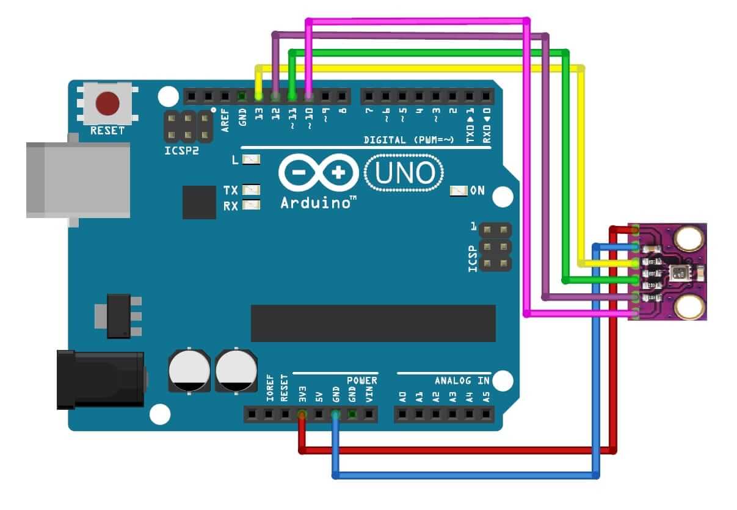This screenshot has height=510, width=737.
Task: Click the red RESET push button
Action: (108, 104)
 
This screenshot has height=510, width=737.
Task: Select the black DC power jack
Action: (100, 379)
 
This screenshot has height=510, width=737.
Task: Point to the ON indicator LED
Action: (458, 191)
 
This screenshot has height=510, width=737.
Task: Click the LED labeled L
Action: (251, 160)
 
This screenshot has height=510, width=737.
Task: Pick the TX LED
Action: (251, 190)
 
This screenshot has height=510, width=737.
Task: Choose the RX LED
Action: (251, 205)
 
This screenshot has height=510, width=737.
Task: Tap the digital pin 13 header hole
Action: (259, 96)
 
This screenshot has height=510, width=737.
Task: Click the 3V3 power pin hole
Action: (302, 415)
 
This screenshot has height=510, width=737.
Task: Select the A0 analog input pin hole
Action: (402, 415)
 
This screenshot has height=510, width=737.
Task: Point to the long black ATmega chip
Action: (373, 323)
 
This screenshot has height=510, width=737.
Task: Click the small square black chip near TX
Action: (199, 202)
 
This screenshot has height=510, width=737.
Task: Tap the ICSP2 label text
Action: (182, 150)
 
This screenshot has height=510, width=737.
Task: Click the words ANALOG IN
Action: (462, 381)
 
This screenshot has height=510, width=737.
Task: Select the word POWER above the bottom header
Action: (362, 381)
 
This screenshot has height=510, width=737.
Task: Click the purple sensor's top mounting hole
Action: (688, 238)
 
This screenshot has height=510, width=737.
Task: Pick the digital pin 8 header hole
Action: (342, 96)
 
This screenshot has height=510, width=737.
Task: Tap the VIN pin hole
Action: (369, 415)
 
